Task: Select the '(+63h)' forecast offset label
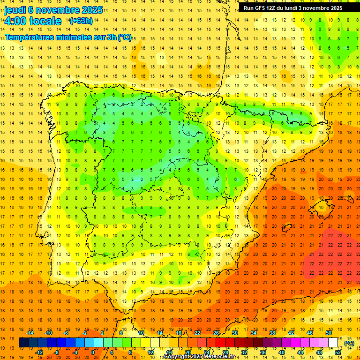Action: click(81, 21)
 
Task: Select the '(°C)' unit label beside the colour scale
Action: click(349, 344)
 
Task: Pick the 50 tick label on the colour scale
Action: click(329, 333)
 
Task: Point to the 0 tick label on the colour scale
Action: click(93, 352)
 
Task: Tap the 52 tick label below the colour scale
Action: click(338, 352)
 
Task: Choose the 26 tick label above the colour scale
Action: click(216, 333)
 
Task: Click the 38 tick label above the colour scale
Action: click(272, 333)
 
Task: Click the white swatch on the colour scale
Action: click(333, 343)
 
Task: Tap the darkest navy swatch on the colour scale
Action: click(23, 343)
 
